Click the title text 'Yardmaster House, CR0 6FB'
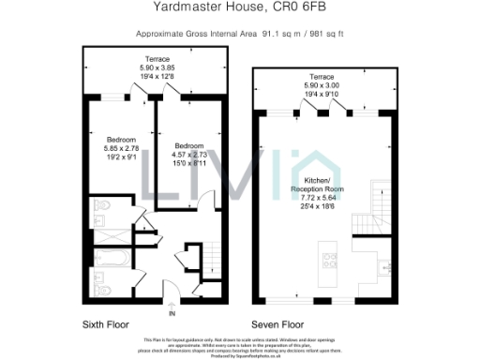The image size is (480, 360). [239, 7]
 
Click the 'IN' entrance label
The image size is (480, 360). [172, 315]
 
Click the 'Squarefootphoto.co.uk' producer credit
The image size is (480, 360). [239, 355]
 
